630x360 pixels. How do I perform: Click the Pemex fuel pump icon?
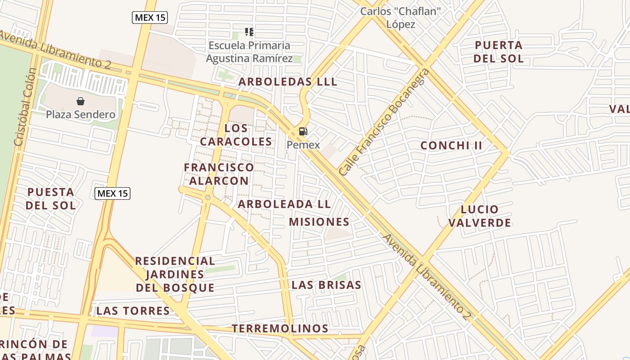coord(303,131)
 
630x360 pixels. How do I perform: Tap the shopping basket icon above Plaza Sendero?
coord(81,101)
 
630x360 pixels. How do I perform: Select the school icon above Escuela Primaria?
coord(249,31)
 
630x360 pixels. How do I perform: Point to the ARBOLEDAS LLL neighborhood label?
coord(288,82)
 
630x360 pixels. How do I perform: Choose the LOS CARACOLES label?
coord(236,135)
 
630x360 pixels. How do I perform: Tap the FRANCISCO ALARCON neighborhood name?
coord(219,174)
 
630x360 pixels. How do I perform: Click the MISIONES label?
coord(319,222)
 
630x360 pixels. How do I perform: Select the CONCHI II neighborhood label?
coord(451,145)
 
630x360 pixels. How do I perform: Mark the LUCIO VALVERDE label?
coord(480,216)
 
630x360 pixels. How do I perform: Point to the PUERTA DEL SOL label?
coord(499,52)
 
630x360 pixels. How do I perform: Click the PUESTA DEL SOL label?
coord(50,199)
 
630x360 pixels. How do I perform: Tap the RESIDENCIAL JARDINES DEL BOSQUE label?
coord(175,274)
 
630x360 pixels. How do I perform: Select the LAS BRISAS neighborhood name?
coord(326,285)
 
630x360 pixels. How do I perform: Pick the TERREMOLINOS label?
coord(280,328)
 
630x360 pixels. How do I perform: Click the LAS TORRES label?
coord(133,310)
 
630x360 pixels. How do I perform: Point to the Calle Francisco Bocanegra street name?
coord(384,123)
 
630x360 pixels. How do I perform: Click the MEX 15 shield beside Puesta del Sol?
coord(112,193)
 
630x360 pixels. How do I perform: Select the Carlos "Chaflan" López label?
coord(400,17)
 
